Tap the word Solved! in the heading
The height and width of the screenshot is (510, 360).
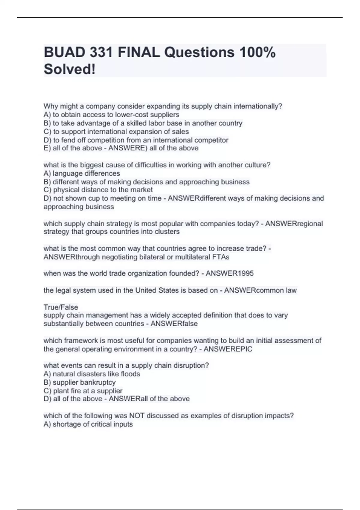click(x=70, y=69)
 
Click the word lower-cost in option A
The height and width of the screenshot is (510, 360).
click(x=131, y=115)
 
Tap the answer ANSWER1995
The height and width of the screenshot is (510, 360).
click(x=229, y=273)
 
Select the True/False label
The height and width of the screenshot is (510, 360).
click(x=61, y=307)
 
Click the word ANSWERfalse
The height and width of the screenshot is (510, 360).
click(x=174, y=324)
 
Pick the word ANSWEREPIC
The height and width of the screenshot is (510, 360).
click(x=228, y=349)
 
